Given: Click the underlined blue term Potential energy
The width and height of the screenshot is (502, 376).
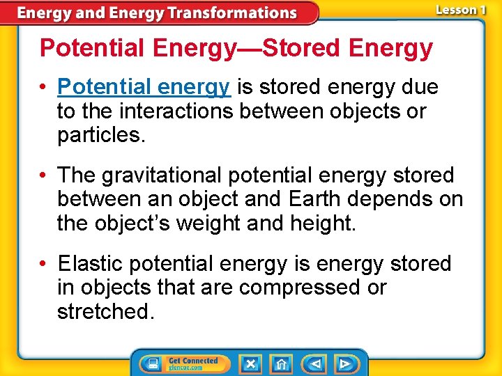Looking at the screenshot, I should (x=144, y=87).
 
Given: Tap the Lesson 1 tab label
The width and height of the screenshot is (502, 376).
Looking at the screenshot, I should (x=460, y=10).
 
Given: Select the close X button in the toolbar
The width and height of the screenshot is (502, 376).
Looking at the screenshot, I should (x=250, y=363).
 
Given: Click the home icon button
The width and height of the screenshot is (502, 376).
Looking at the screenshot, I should (x=282, y=363).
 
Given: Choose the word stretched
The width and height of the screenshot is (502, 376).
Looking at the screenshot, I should (x=103, y=311).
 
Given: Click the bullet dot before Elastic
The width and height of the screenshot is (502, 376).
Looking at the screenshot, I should (x=44, y=264).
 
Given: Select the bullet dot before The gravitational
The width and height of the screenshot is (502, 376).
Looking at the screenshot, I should (x=44, y=175).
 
